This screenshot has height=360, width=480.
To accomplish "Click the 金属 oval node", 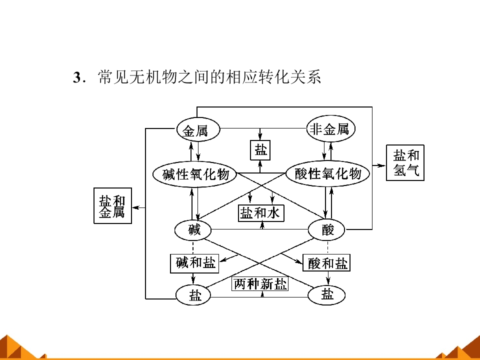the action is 198,129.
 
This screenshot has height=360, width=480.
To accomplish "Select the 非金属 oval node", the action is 330,128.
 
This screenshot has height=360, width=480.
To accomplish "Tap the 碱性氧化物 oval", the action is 195,174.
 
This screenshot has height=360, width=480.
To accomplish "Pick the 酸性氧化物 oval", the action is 327,173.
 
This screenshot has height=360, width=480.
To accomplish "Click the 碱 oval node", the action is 193,230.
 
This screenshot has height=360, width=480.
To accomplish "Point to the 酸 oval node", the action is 326,229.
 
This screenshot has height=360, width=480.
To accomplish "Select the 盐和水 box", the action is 261,213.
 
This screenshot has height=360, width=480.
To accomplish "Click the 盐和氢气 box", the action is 405,163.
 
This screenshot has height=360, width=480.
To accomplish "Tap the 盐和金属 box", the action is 112,205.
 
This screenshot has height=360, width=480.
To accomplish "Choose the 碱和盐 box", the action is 194,263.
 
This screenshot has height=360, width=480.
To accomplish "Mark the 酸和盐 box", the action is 326,263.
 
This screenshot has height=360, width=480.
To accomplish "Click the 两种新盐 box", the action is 260,284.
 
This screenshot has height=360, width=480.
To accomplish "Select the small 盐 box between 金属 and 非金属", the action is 260,150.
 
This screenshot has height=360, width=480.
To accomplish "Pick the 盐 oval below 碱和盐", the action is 193,295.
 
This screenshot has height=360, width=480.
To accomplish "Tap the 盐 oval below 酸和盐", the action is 326,295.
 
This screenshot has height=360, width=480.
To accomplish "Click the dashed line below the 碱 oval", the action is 193,247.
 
